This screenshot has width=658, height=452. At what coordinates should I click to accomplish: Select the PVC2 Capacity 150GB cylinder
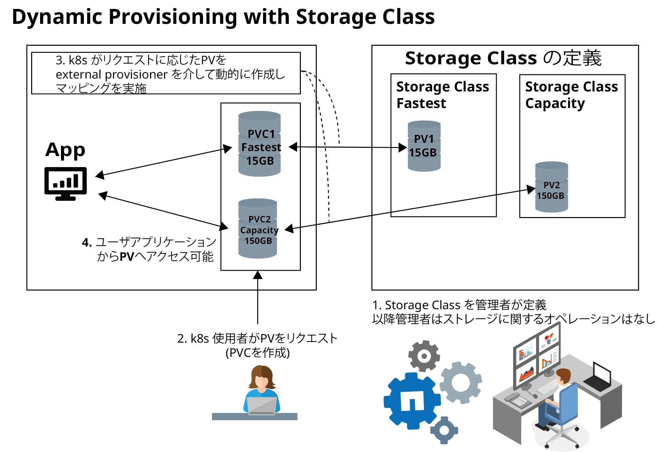(x=258, y=229)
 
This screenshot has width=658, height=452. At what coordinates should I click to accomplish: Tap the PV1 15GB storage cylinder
(x=424, y=146)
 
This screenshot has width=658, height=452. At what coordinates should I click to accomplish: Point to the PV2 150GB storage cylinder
(x=552, y=187)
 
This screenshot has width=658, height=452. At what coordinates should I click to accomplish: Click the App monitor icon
(x=66, y=183)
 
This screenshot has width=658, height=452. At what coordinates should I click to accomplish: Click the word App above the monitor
(x=65, y=150)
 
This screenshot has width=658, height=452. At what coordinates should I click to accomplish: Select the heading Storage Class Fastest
(x=442, y=95)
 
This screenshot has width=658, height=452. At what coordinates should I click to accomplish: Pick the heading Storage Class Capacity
(x=571, y=95)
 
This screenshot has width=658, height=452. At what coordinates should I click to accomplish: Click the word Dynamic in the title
(x=56, y=17)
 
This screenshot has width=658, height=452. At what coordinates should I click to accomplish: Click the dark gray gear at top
(x=424, y=356)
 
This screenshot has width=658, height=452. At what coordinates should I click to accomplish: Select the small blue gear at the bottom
(x=444, y=430)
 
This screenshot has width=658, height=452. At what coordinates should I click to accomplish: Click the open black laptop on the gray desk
(x=598, y=378)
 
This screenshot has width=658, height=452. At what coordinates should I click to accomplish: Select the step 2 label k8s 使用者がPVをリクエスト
(x=257, y=338)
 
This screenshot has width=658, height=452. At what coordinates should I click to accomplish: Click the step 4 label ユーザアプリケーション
(x=156, y=242)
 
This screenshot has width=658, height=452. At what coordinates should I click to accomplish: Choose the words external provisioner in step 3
(x=112, y=75)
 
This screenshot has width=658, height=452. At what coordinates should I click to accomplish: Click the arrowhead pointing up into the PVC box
(x=258, y=275)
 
